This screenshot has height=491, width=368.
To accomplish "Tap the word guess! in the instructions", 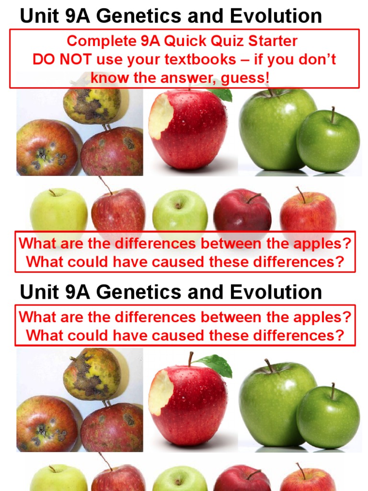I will [x=246, y=77].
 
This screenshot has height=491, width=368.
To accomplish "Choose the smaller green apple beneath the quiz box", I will [x=328, y=141].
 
